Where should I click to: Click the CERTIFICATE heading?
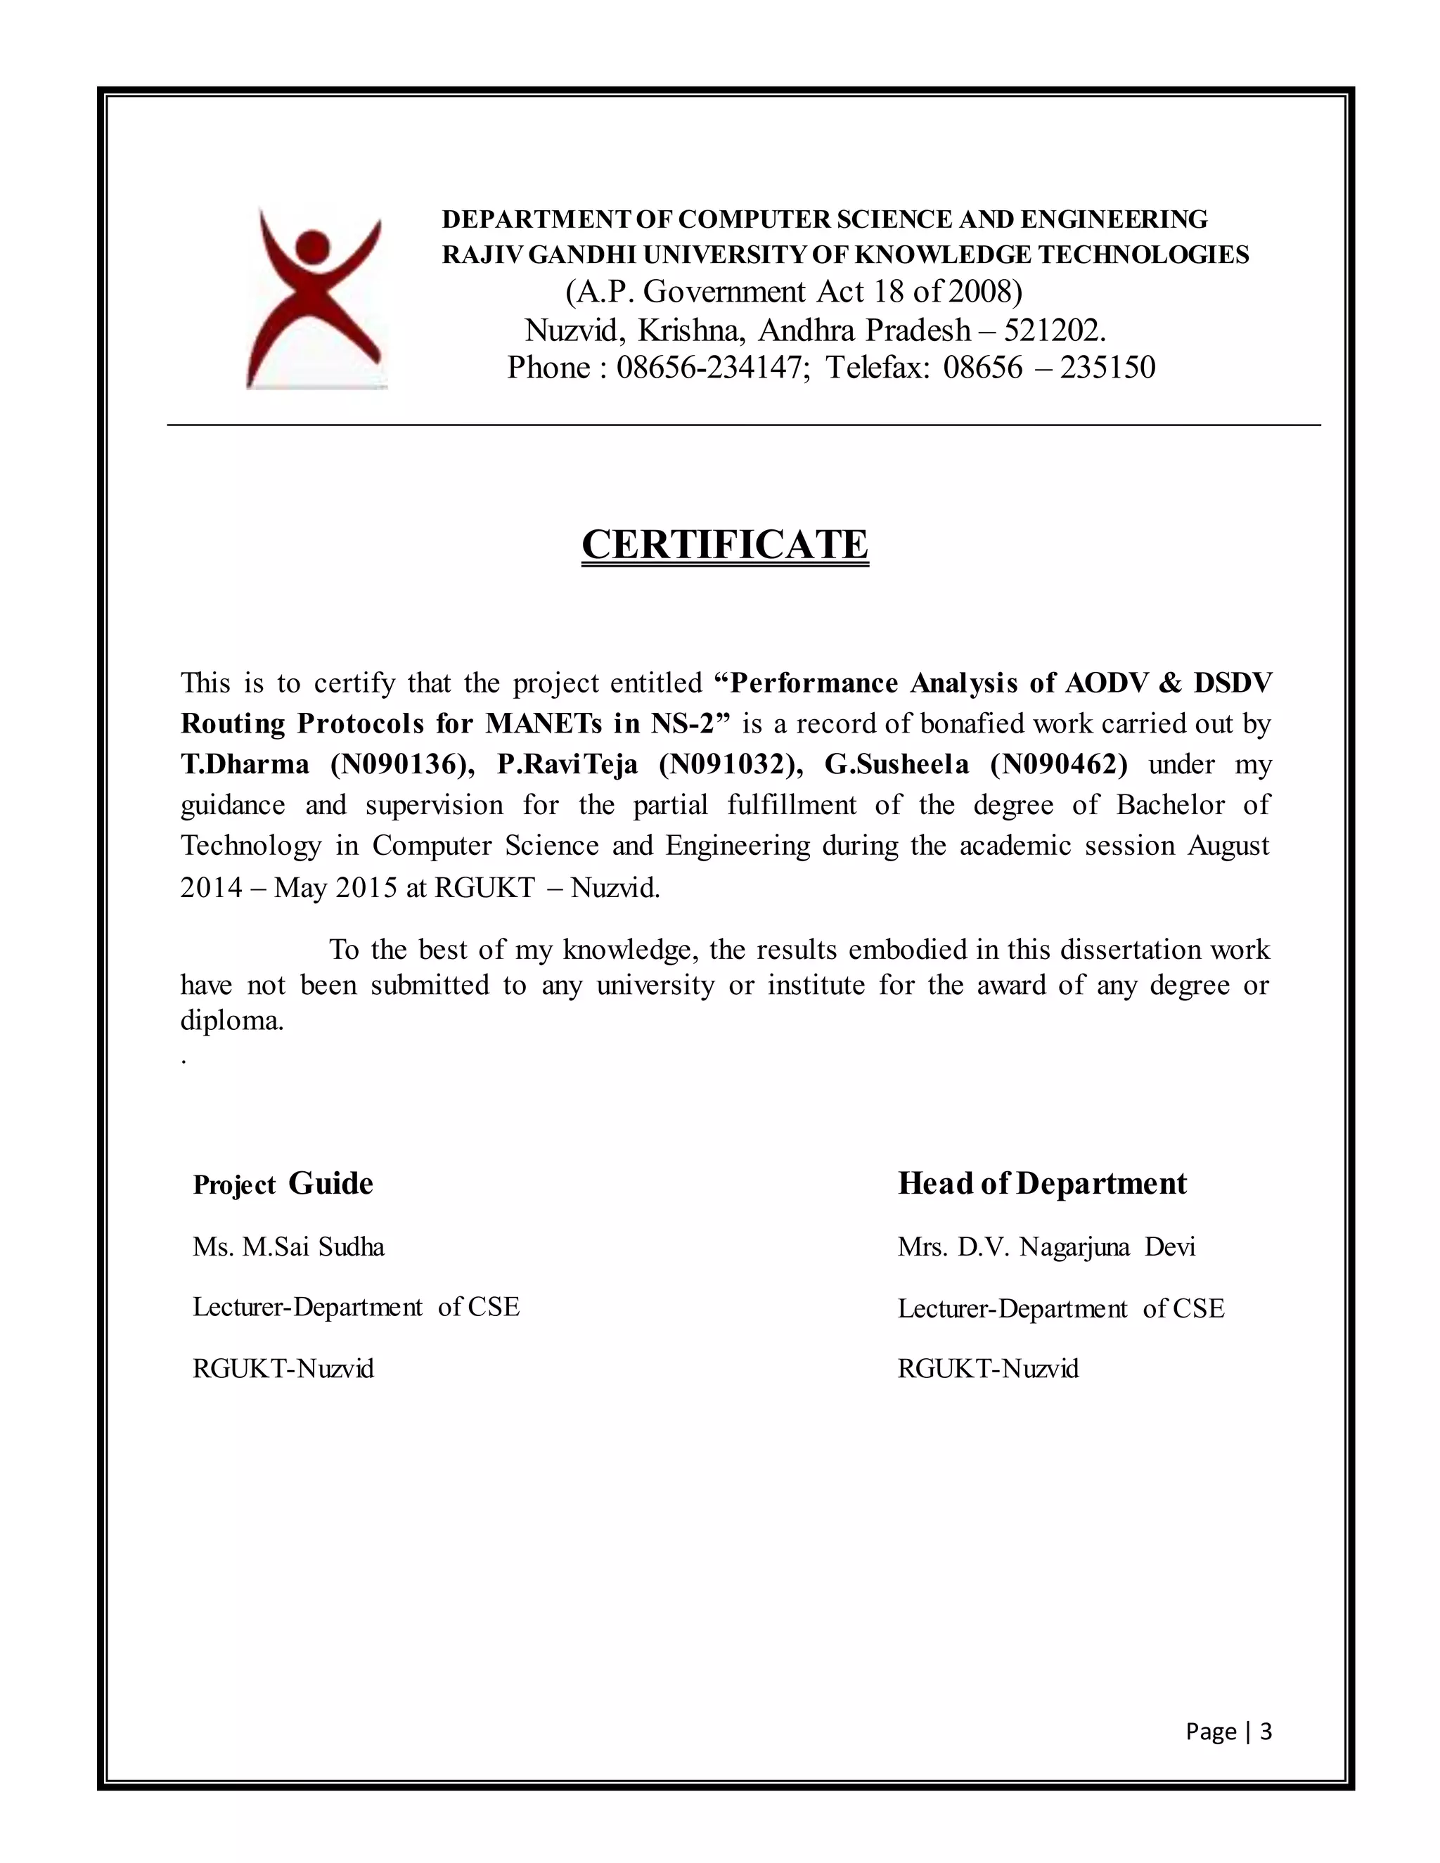coord(724,544)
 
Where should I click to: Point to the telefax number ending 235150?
coord(1107,368)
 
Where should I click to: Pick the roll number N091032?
coord(731,763)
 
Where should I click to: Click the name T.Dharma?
coord(245,763)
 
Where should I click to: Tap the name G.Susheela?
coord(896,763)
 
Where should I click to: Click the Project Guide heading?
coord(283,1184)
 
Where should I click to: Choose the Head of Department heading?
coord(1041,1184)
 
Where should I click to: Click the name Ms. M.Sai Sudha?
coord(288,1247)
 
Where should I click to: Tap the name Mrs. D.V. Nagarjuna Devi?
coord(1046,1247)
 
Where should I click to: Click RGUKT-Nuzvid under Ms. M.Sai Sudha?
coord(283,1369)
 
